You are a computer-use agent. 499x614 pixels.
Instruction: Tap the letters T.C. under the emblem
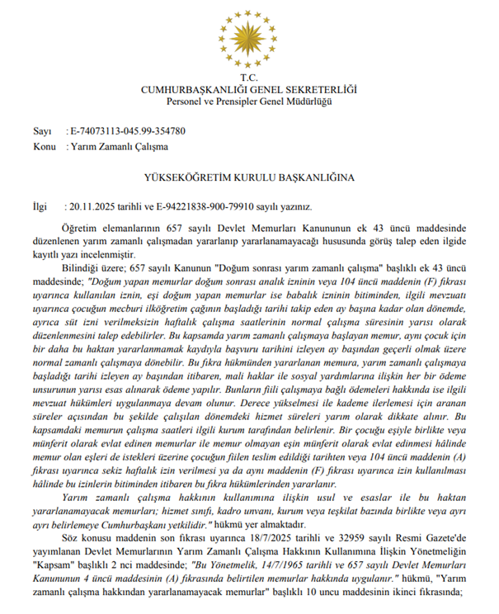click(x=248, y=78)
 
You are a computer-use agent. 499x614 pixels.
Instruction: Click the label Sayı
click(x=42, y=131)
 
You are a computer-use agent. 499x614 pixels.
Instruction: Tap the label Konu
click(x=45, y=146)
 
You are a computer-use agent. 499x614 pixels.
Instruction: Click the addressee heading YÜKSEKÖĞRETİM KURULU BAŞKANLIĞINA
click(x=248, y=177)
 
